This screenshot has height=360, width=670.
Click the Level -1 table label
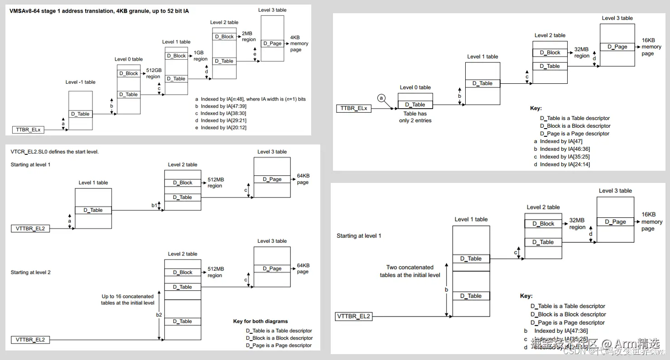click(80, 82)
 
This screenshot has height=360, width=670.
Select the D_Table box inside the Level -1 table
click(80, 114)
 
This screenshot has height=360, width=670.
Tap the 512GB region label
click(154, 74)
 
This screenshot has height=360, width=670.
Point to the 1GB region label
click(200, 56)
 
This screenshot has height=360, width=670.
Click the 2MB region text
click(249, 37)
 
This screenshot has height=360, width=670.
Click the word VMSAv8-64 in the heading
click(24, 11)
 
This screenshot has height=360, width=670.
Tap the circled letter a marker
click(381, 98)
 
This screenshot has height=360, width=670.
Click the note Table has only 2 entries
click(415, 117)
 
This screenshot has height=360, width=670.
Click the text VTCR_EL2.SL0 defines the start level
click(55, 152)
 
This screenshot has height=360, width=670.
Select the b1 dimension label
click(154, 206)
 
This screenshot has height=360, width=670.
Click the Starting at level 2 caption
click(30, 272)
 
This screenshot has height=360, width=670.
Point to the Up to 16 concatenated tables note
click(128, 300)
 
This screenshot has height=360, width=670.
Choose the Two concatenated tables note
click(410, 271)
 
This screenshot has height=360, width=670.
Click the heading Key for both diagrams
click(260, 322)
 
